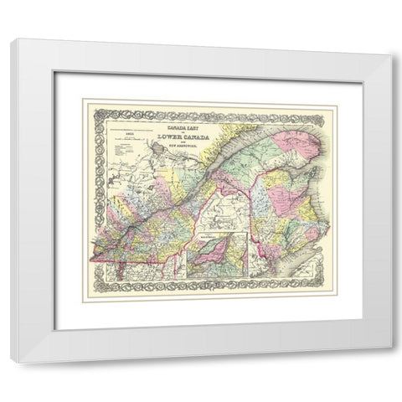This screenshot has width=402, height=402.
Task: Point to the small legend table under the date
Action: click(x=105, y=156)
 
